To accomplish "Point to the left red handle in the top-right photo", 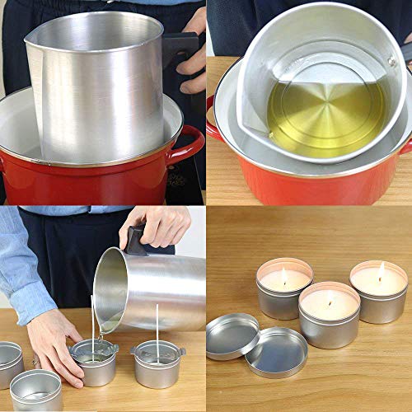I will [213, 115].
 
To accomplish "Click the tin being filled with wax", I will [93, 363].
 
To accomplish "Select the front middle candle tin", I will [329, 317].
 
